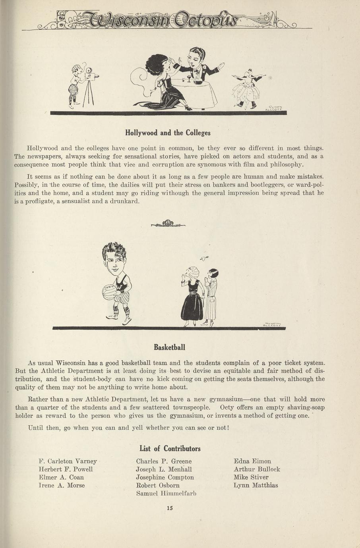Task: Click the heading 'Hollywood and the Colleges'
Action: point(168,133)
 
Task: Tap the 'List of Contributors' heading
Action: point(170,449)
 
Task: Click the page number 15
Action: point(170,507)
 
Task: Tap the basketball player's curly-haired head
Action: point(114,260)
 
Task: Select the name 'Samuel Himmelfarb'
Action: point(166,493)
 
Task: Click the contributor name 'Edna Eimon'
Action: point(252,461)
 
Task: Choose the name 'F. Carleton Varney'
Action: point(68,461)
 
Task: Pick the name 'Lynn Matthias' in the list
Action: point(256,485)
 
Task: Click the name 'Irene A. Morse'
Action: point(62,485)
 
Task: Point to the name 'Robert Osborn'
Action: point(158,485)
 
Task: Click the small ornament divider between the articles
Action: point(168,224)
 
